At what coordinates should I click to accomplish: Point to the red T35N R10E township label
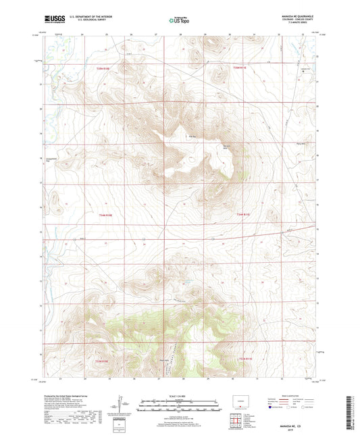click(x=111, y=68)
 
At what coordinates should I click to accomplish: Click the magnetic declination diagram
click(x=122, y=405)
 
